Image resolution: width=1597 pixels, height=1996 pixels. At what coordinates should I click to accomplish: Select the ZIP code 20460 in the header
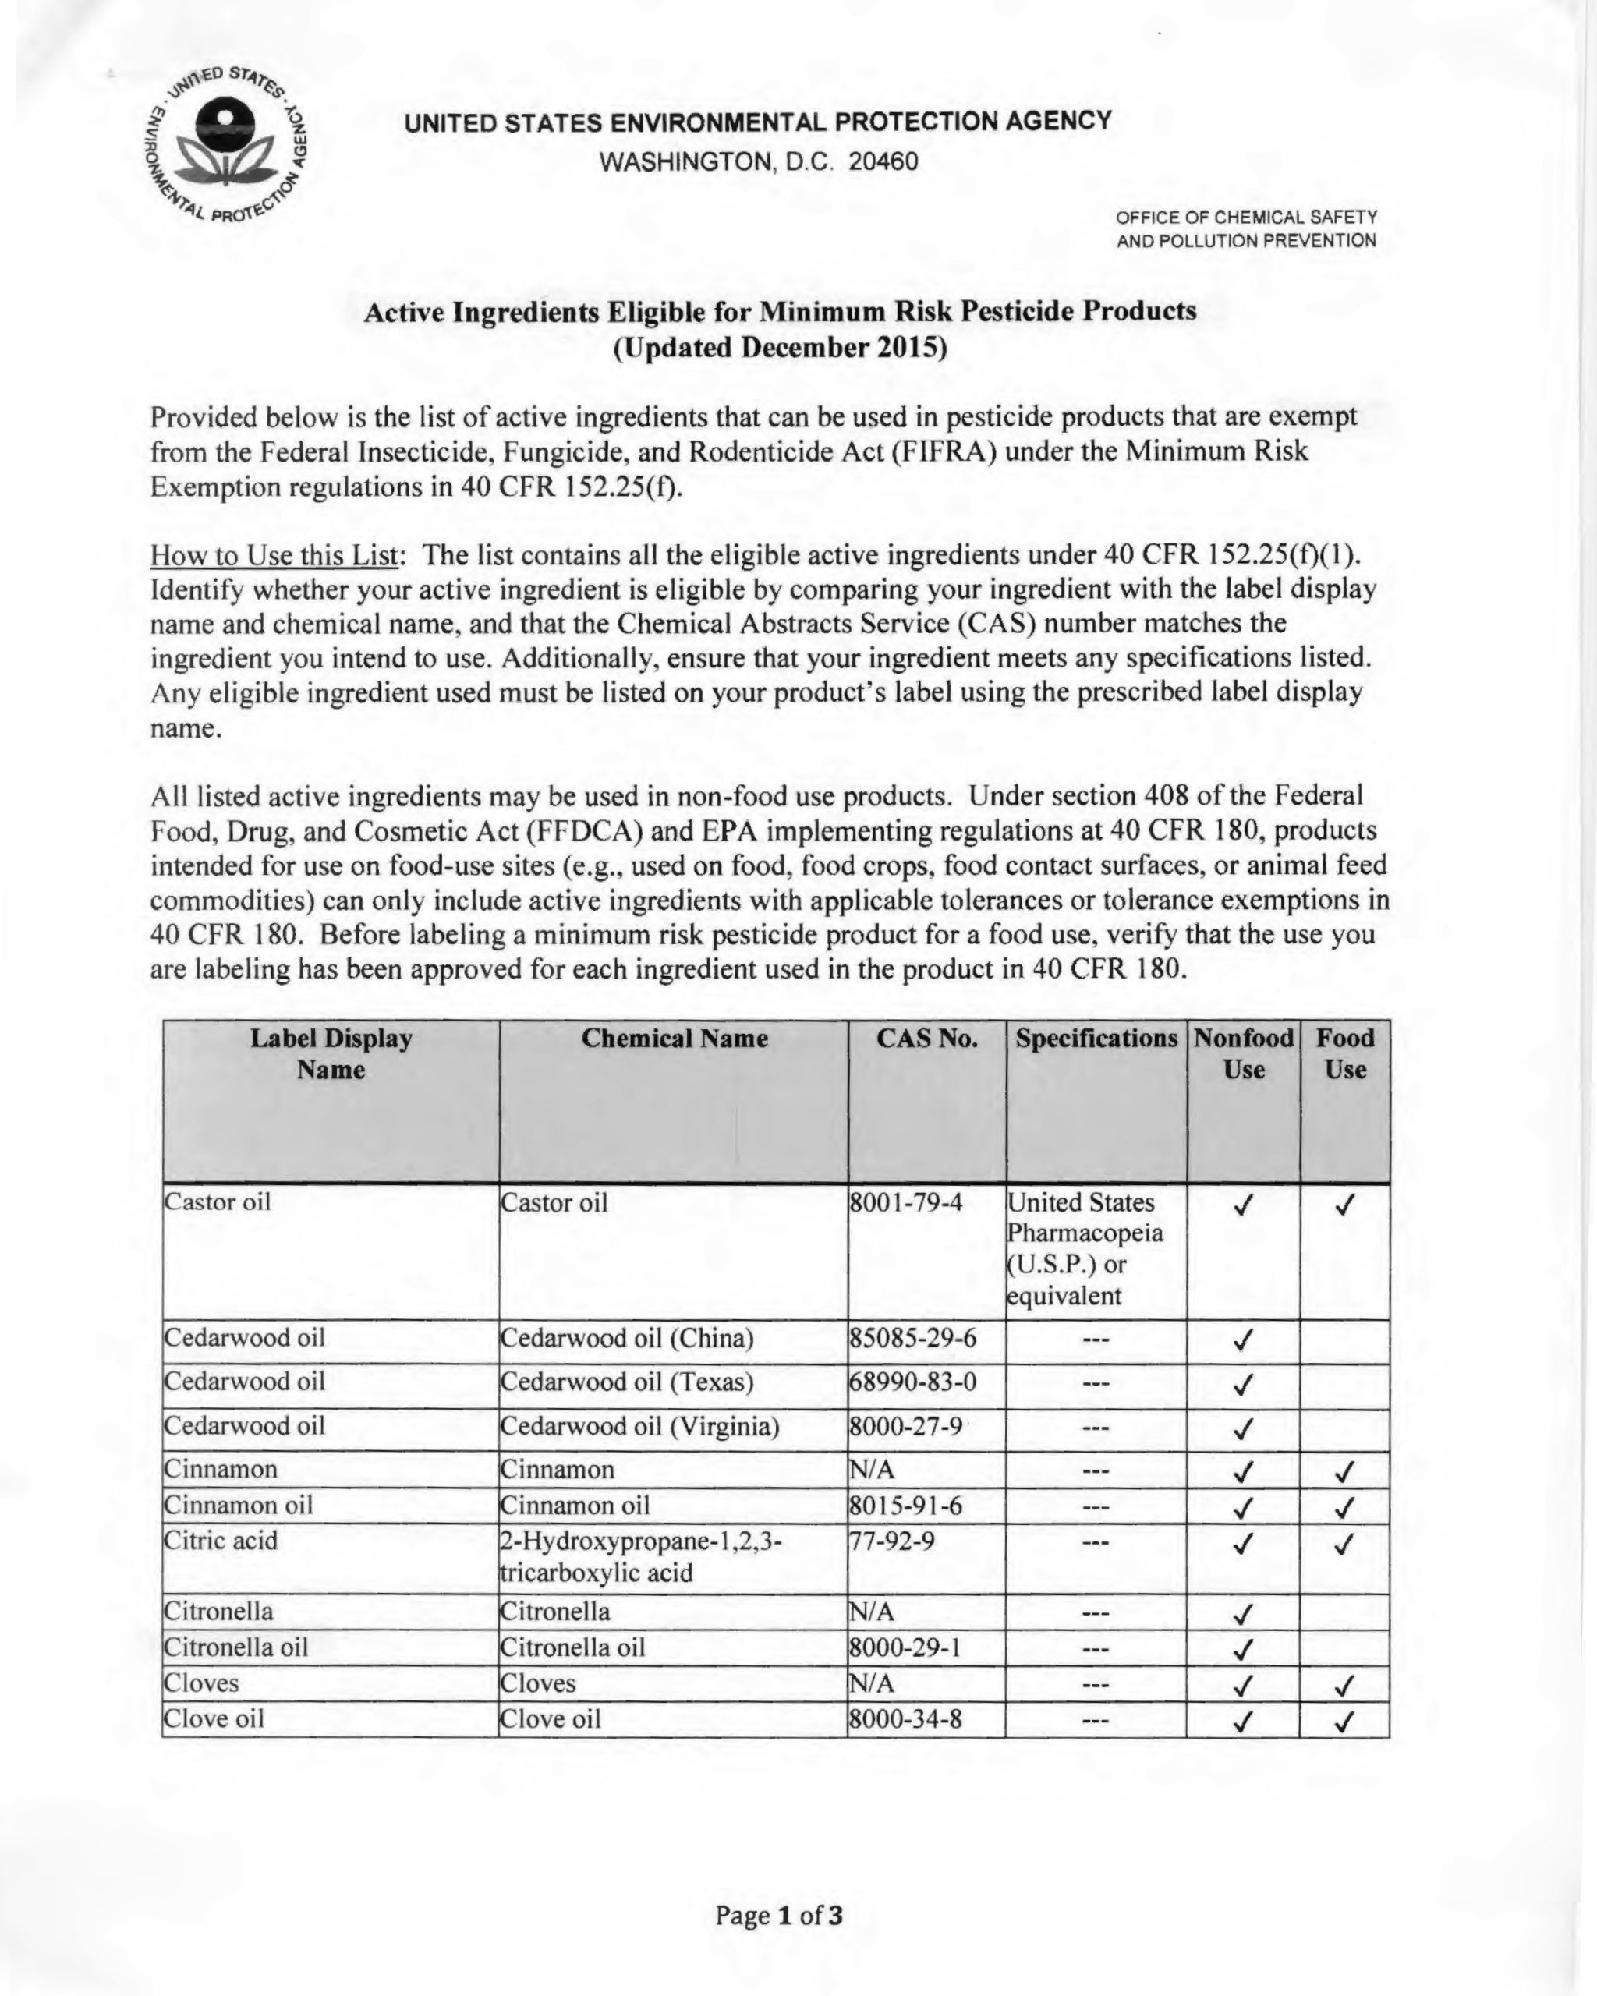tap(883, 162)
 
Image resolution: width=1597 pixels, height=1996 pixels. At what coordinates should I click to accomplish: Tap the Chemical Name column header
tap(674, 1039)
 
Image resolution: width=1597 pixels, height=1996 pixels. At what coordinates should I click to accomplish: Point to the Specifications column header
tap(1096, 1039)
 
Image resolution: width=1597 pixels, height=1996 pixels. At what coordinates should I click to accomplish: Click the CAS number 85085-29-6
tap(912, 1338)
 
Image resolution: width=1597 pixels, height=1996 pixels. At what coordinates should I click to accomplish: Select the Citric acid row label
tap(221, 1541)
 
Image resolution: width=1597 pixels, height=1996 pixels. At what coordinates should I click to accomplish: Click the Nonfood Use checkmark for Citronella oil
tap(1243, 1649)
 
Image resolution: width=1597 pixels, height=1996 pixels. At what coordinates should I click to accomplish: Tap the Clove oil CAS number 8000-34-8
tap(905, 1719)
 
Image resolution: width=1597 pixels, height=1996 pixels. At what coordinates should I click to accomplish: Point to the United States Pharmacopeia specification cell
tap(1084, 1249)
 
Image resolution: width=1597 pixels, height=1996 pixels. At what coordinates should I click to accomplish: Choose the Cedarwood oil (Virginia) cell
tap(639, 1426)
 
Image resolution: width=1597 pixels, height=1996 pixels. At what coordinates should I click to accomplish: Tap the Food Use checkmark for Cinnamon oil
tap(1344, 1507)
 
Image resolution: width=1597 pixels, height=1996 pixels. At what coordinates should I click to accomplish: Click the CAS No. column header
tap(926, 1039)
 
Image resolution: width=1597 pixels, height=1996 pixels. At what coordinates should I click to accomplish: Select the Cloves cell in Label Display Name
tap(201, 1683)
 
